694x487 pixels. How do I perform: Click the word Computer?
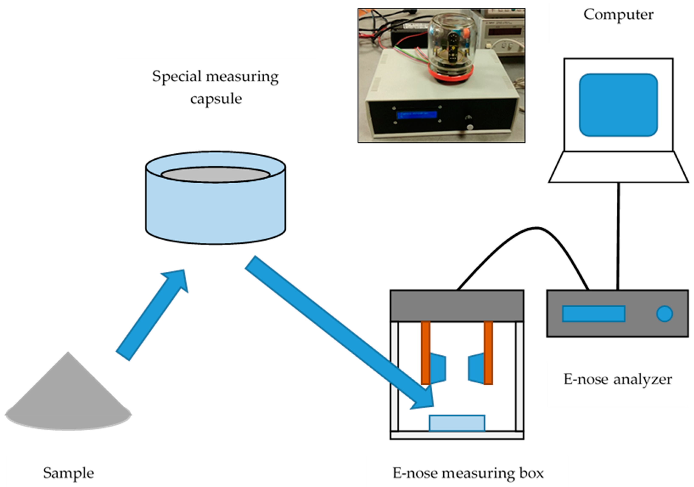point(618,14)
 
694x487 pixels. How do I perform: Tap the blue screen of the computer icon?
point(618,105)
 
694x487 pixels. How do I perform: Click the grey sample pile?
point(68,402)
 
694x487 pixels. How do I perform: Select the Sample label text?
point(68,473)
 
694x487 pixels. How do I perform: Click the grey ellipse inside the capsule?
point(215,175)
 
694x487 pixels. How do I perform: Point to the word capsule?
point(216,99)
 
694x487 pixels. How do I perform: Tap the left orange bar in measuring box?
point(426,352)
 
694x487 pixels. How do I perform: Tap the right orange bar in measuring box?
point(488,352)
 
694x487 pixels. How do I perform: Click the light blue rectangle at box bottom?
point(457,423)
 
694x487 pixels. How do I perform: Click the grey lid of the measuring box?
point(457,305)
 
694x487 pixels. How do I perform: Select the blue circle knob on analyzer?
point(664,314)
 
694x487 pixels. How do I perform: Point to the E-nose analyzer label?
point(617,379)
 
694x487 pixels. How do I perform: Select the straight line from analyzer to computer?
point(618,236)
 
